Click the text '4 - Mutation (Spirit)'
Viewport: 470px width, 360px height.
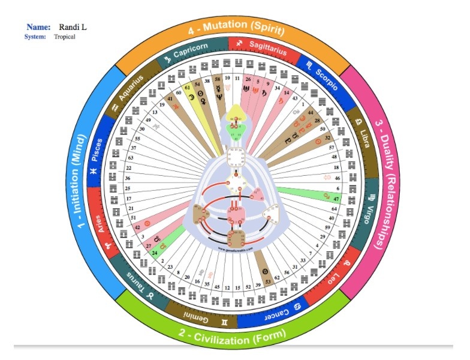point(235,26)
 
